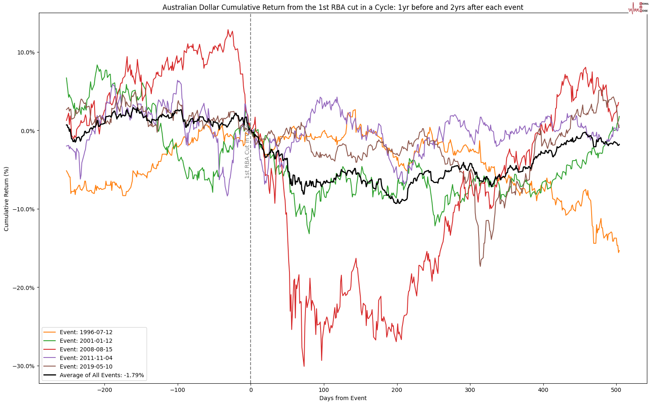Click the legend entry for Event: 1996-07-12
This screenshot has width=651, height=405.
coord(86,332)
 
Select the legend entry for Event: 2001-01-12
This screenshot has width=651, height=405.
coord(86,341)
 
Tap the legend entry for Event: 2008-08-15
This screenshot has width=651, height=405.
coord(86,349)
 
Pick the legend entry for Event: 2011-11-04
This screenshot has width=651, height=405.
coord(86,358)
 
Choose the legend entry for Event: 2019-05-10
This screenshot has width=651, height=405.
coord(86,367)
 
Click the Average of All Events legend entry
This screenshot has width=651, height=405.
coord(102,375)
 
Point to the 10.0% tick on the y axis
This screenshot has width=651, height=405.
coord(26,52)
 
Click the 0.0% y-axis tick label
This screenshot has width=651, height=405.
coord(27,131)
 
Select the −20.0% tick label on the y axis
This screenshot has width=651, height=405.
coord(24,287)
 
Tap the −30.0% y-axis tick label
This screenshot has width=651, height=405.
coord(24,366)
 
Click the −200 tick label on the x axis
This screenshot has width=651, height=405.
coord(104,390)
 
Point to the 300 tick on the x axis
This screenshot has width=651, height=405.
coord(470,390)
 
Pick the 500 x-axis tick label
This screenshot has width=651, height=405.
coord(616,390)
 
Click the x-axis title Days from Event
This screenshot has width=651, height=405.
coord(343,398)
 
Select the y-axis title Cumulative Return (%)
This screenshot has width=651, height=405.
coord(7,199)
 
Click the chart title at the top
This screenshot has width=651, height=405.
coord(343,7)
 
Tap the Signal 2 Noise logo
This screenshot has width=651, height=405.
coord(638,7)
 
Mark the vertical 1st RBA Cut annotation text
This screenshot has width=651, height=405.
coord(247,152)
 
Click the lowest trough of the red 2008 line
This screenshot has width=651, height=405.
coord(304,366)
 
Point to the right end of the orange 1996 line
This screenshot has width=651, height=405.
coord(619,251)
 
